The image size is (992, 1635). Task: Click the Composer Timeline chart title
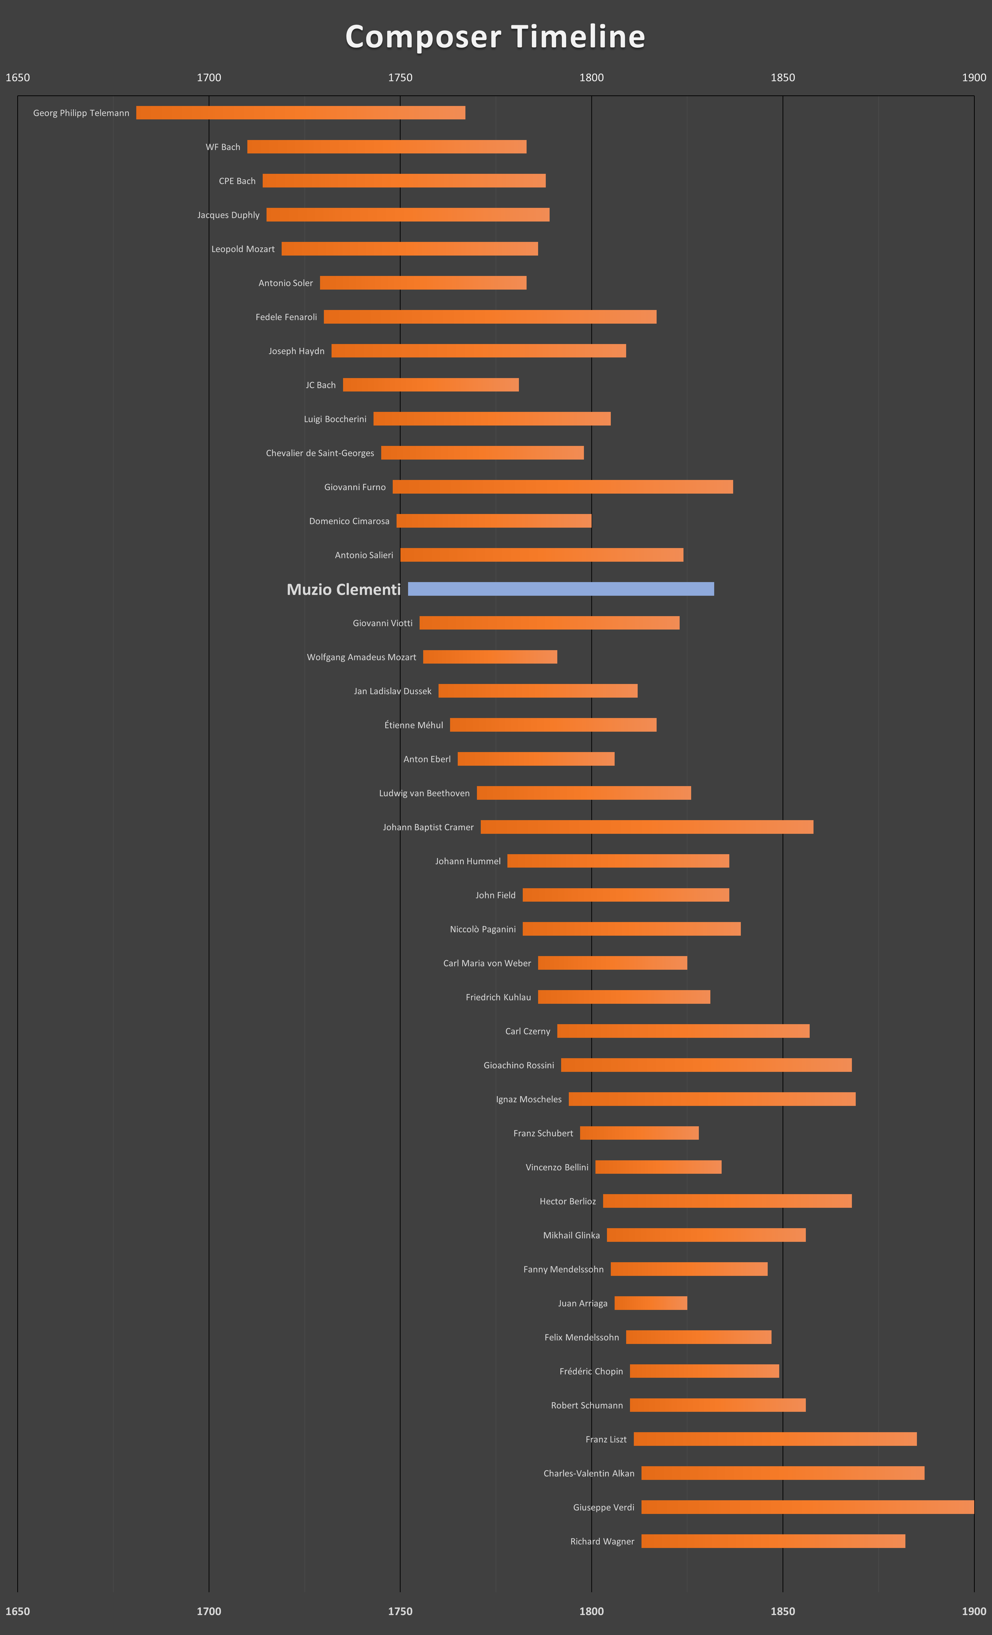(x=495, y=37)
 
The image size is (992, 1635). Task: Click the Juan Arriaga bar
(x=651, y=1303)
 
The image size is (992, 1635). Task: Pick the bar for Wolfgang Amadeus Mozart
(x=490, y=657)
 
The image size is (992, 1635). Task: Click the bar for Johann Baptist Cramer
(x=647, y=827)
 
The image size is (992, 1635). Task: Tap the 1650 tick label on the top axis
(x=18, y=78)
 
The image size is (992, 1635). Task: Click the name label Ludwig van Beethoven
(x=424, y=793)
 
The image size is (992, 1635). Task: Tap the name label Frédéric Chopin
(x=591, y=1371)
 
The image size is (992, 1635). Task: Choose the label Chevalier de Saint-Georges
(x=320, y=453)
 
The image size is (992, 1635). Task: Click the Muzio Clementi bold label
(x=343, y=589)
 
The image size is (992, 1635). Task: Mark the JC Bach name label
(x=321, y=385)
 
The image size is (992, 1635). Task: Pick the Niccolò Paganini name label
(x=483, y=929)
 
